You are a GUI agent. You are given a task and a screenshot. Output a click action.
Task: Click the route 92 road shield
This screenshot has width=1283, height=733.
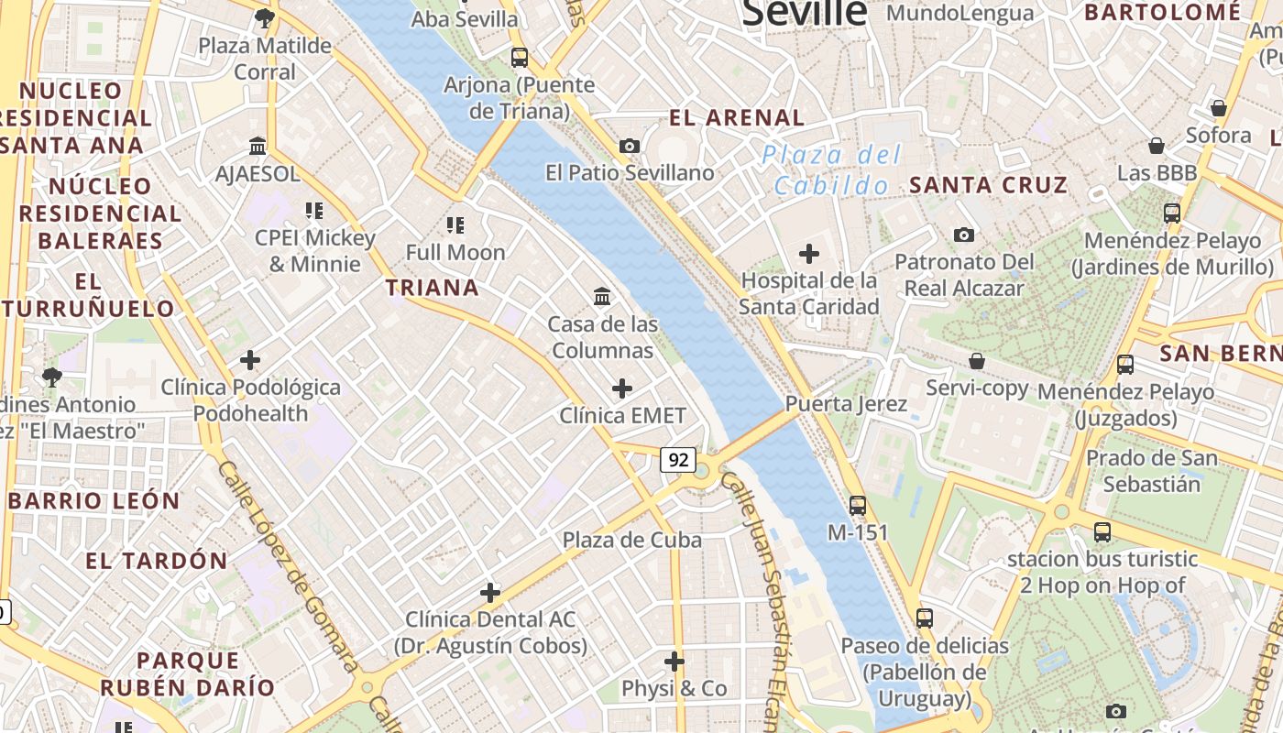(678, 460)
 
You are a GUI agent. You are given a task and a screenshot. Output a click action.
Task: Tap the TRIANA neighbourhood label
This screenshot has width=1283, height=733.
(433, 288)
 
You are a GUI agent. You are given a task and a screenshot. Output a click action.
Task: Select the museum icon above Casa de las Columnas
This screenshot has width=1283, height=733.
(602, 296)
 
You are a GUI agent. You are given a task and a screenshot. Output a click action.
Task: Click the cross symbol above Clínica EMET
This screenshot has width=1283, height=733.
(622, 388)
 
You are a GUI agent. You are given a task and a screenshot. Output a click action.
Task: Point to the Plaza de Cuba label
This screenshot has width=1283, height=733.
(632, 540)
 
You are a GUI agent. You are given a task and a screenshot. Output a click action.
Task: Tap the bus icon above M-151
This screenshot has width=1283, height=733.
(858, 505)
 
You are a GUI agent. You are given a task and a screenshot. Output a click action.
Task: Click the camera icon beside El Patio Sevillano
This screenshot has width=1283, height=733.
(630, 146)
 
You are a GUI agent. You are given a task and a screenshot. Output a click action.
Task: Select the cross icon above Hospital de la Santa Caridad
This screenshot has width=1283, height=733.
(809, 254)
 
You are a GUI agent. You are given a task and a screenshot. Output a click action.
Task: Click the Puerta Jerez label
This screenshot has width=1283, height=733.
(846, 404)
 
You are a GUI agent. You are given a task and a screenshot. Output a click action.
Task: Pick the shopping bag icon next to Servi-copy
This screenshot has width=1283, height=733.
(977, 361)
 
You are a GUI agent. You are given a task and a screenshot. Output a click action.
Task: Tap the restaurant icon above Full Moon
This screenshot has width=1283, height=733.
(455, 224)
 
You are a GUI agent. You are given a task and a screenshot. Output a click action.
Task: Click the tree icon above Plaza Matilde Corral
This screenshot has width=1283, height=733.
(264, 17)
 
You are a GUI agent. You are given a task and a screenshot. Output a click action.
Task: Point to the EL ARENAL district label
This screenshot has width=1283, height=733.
(737, 117)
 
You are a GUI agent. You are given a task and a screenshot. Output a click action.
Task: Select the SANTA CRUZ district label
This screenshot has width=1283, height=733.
(988, 185)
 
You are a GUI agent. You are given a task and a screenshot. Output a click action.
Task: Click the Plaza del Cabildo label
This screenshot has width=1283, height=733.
(832, 170)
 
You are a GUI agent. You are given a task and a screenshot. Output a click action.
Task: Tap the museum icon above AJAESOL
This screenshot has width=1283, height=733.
(258, 146)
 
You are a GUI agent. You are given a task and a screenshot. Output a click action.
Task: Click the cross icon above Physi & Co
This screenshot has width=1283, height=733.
(674, 661)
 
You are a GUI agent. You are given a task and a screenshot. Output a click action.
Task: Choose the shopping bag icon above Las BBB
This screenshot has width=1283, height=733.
(1157, 146)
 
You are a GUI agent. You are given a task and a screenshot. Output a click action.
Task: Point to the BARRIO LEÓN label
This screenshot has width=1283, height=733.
(94, 501)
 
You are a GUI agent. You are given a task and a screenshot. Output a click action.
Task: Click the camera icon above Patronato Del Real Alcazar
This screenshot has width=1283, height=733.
(963, 235)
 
